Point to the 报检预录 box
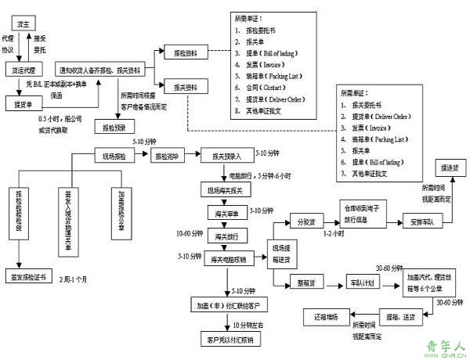[114, 125]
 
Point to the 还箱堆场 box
[324, 316]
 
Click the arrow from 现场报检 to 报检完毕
[140, 156]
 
